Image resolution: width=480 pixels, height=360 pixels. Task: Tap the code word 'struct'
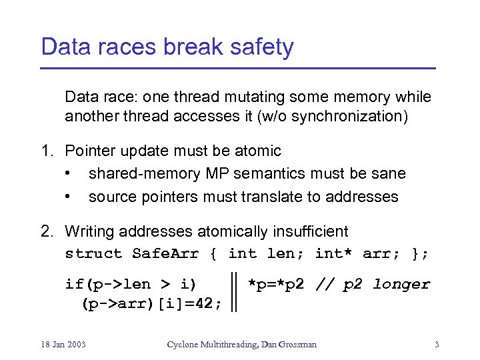tap(93, 253)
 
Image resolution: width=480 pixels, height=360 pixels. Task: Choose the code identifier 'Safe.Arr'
tap(161, 253)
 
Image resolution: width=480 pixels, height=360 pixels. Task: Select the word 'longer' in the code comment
tap(401, 285)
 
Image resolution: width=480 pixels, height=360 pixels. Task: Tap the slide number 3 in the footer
tap(436, 344)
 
